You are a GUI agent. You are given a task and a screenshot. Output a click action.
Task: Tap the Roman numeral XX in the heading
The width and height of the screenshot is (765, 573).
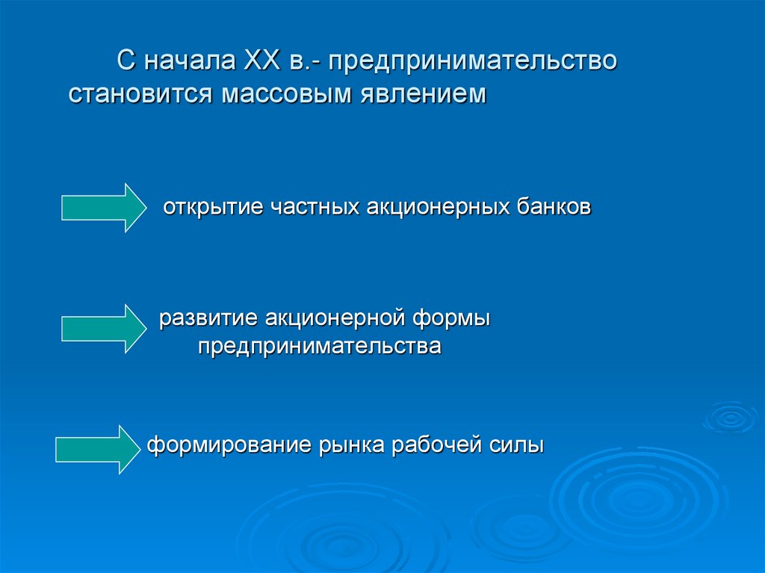point(259,61)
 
